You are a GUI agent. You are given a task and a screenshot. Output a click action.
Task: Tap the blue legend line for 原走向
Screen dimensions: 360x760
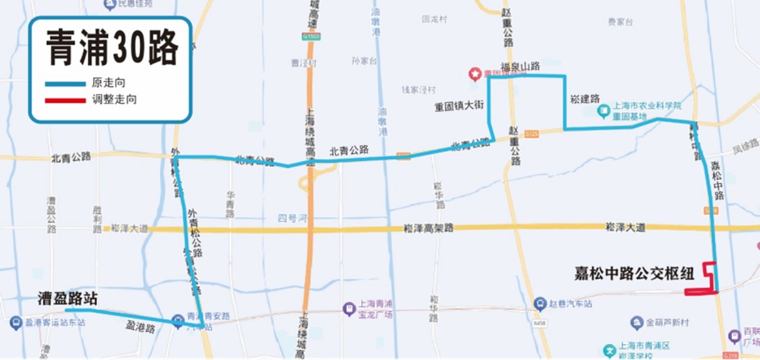(x=65, y=84)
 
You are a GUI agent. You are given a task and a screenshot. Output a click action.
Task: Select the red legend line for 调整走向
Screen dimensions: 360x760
(x=65, y=101)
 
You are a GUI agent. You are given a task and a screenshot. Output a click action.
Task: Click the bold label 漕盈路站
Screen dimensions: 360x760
(x=67, y=298)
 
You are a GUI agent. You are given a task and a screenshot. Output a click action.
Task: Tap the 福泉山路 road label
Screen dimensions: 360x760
(x=520, y=66)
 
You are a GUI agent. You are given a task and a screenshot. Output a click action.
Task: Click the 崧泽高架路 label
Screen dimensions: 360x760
(x=429, y=228)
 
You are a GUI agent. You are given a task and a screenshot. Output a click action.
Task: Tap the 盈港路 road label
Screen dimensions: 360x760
(x=141, y=328)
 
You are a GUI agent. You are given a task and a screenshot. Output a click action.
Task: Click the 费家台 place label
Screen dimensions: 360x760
(x=620, y=22)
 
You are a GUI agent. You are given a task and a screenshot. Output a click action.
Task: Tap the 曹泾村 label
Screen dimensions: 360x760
(x=303, y=63)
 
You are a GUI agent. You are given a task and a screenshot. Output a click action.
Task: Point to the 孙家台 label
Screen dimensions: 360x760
(x=365, y=61)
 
